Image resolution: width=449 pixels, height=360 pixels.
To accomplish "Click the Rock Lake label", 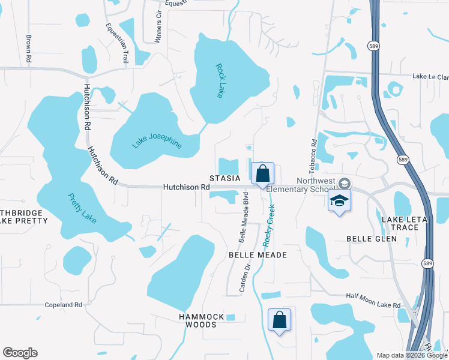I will pyautogui.click(x=220, y=81).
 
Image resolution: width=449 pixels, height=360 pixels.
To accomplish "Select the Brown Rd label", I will pyautogui.click(x=28, y=49).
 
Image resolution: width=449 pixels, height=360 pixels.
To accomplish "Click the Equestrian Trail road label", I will pyautogui.click(x=117, y=43).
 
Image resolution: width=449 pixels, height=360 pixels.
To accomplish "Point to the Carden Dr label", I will pyautogui.click(x=245, y=280).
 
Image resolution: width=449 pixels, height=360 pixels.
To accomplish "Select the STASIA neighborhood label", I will pyautogui.click(x=224, y=178).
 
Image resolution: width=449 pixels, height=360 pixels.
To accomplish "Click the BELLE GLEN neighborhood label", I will pyautogui.click(x=372, y=239).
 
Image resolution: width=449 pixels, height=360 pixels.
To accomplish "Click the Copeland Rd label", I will pyautogui.click(x=63, y=305).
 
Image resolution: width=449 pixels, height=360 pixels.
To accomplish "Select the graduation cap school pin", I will pyautogui.click(x=339, y=201).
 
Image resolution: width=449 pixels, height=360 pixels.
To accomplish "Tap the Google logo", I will pyautogui.click(x=20, y=353).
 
